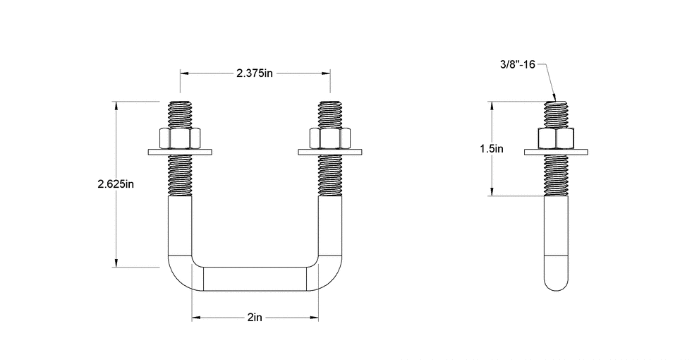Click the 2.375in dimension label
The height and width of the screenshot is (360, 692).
pyautogui.click(x=255, y=73)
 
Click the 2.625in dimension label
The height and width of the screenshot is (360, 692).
pyautogui.click(x=116, y=184)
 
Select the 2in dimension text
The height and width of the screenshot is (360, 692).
pyautogui.click(x=255, y=318)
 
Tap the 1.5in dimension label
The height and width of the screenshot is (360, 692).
pyautogui.click(x=492, y=149)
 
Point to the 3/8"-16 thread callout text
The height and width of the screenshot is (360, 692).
pyautogui.click(x=518, y=64)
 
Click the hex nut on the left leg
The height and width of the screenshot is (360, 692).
pyautogui.click(x=181, y=138)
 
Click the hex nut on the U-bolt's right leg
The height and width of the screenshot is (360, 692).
pyautogui.click(x=329, y=138)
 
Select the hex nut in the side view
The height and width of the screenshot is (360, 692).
pyautogui.click(x=557, y=138)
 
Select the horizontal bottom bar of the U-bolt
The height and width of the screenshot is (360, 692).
pyautogui.click(x=255, y=278)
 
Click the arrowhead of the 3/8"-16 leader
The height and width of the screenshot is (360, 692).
pyautogui.click(x=555, y=99)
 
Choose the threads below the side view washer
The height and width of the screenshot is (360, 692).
pyautogui.click(x=557, y=174)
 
